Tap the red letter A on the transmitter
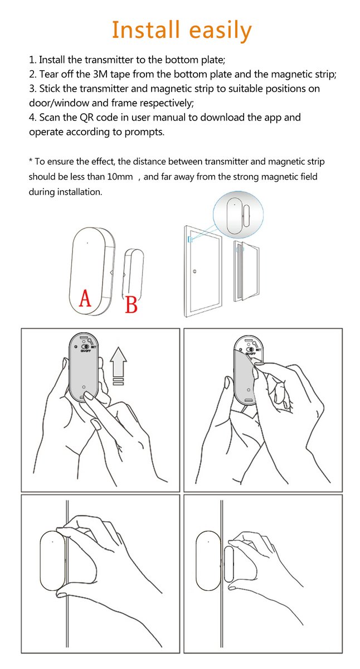point(84,298)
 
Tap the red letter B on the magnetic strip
point(131,304)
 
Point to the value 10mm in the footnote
point(120,176)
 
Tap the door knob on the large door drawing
point(194,272)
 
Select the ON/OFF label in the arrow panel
point(86,351)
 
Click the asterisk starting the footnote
point(30,162)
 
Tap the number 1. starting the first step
point(32,59)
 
